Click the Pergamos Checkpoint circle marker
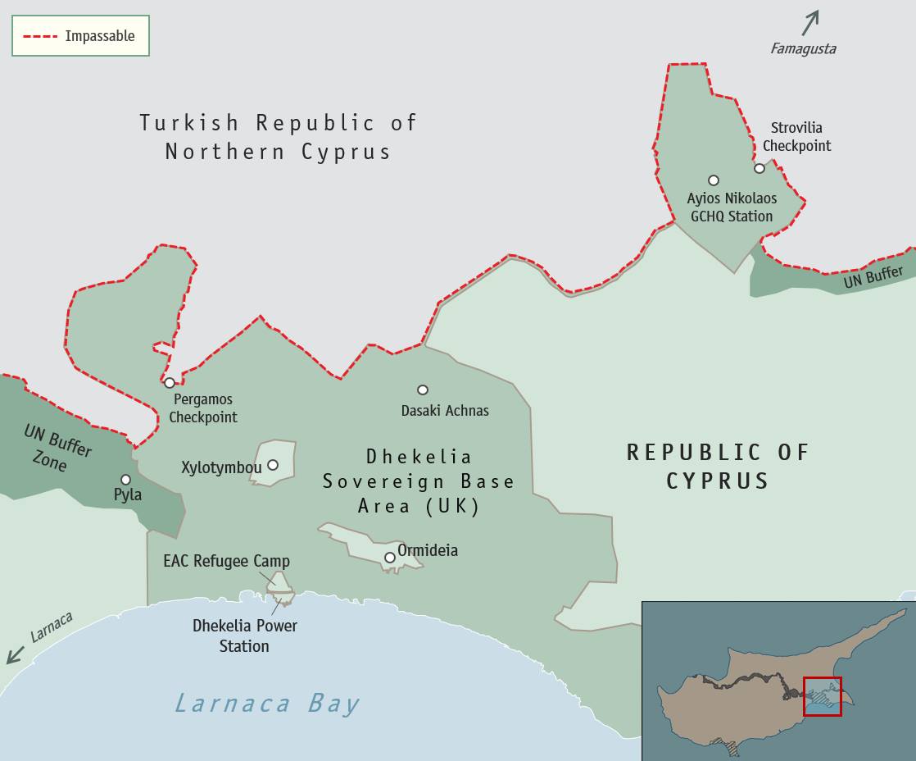click(x=170, y=383)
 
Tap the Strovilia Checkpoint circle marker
click(x=760, y=168)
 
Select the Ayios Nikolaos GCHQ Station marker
click(x=714, y=180)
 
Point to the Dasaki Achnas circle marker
click(x=423, y=390)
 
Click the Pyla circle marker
click(x=125, y=480)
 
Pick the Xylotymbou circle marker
click(x=273, y=465)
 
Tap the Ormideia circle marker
click(x=390, y=558)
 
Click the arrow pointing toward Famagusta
click(x=809, y=23)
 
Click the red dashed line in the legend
click(x=40, y=36)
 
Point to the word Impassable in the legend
click(x=99, y=36)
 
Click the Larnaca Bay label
click(x=267, y=704)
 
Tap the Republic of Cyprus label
click(x=718, y=466)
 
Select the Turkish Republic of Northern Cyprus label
click(x=278, y=137)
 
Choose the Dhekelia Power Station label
click(x=244, y=636)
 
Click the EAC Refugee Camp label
click(x=226, y=562)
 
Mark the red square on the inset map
click(x=822, y=696)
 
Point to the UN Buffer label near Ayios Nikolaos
click(x=873, y=277)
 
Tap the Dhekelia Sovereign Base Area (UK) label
click(x=419, y=481)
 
